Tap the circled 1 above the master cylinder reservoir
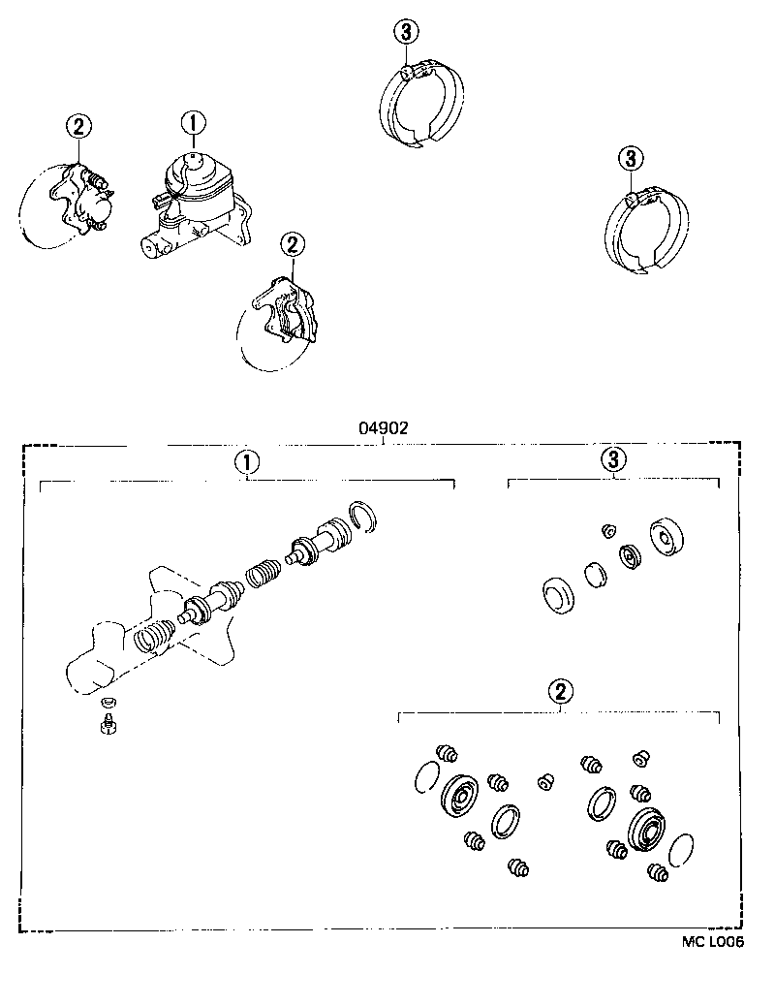[192, 123]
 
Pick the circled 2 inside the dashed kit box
[560, 691]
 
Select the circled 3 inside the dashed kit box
[614, 459]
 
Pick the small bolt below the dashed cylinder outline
[108, 725]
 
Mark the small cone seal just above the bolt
[108, 702]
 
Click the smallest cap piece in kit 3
[609, 529]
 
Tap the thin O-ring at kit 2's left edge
[425, 776]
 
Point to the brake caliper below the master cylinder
[287, 309]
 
